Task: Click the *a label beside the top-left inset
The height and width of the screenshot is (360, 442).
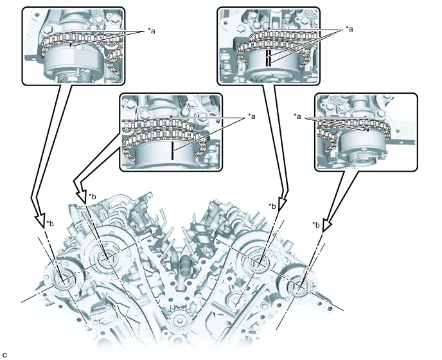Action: tap(152, 31)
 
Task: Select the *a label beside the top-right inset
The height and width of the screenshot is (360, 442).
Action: tap(349, 29)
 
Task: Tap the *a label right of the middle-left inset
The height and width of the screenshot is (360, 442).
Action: tap(251, 116)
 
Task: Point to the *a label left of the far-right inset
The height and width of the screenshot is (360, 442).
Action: tap(297, 116)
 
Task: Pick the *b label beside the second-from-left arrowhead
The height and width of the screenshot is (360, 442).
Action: tap(92, 196)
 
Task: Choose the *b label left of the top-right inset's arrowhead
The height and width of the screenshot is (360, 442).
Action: tap(272, 206)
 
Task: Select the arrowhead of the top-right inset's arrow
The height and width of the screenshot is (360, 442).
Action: tap(283, 204)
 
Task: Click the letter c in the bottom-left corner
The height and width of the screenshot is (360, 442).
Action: tap(4, 354)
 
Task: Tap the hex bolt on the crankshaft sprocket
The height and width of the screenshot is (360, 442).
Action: tap(180, 320)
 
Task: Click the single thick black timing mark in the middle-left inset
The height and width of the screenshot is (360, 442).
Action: tap(172, 151)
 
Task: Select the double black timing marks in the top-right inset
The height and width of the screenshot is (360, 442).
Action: tap(269, 59)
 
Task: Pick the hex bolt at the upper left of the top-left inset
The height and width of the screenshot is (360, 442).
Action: tap(48, 28)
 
